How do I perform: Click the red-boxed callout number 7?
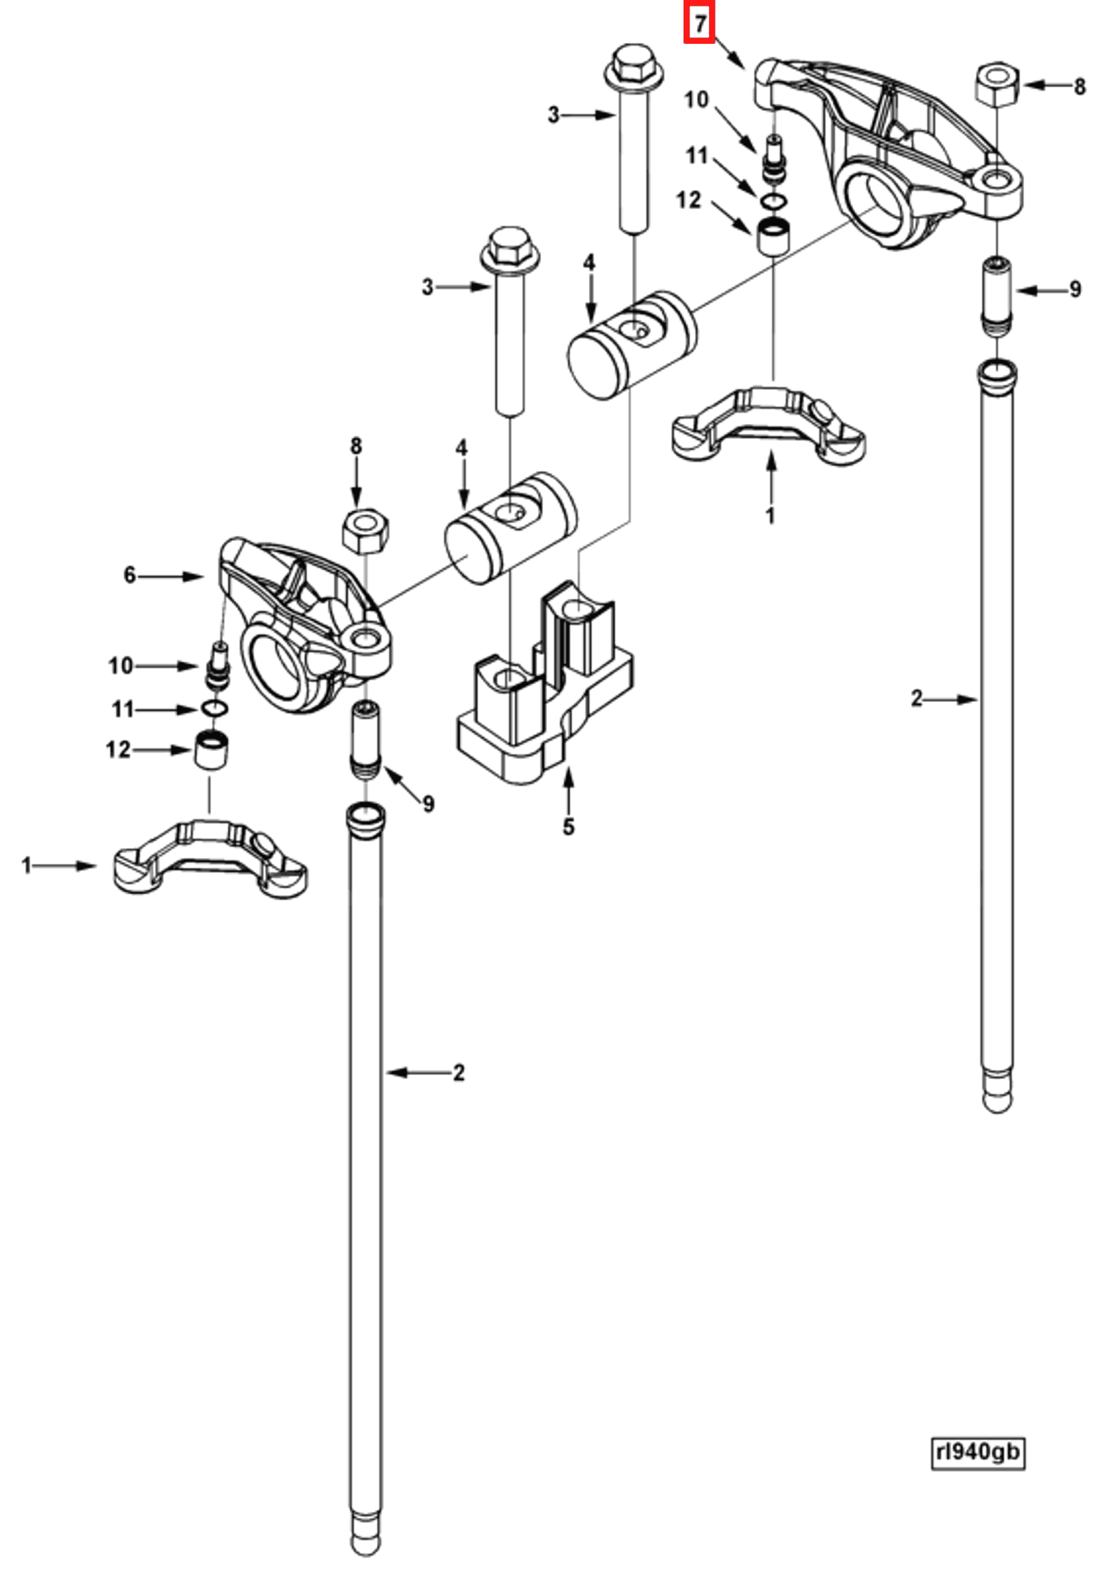click(x=699, y=25)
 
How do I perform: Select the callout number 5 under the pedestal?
click(x=568, y=827)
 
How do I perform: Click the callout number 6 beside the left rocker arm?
click(x=130, y=576)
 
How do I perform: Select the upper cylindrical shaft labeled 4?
click(x=633, y=346)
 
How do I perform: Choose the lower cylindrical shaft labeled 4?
click(x=510, y=527)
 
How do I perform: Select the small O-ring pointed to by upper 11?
click(x=773, y=201)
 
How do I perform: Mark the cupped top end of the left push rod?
click(x=365, y=817)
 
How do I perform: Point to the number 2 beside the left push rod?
click(x=458, y=1072)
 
